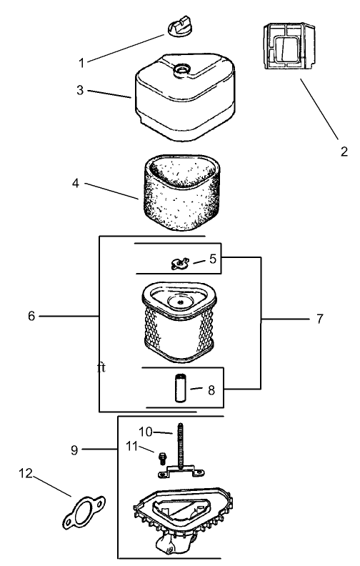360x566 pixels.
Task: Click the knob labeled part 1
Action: (179, 26)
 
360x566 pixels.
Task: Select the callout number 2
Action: (344, 152)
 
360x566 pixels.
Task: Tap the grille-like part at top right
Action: (289, 46)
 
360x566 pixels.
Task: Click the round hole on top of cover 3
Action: (182, 69)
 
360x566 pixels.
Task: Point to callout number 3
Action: (80, 90)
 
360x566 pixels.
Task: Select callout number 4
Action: (76, 184)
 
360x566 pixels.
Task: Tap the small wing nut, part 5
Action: (180, 264)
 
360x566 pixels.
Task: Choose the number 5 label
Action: (213, 259)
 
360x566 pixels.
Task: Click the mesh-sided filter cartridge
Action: (179, 322)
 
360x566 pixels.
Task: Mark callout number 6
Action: (31, 316)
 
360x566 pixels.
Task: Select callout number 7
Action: (319, 319)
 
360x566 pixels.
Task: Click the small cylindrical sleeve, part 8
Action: (179, 388)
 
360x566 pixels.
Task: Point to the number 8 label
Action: (211, 390)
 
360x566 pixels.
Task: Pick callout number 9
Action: (74, 450)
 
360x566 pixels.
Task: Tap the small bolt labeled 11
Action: (162, 457)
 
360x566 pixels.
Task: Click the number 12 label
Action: (26, 473)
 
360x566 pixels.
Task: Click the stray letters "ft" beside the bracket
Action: (101, 368)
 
